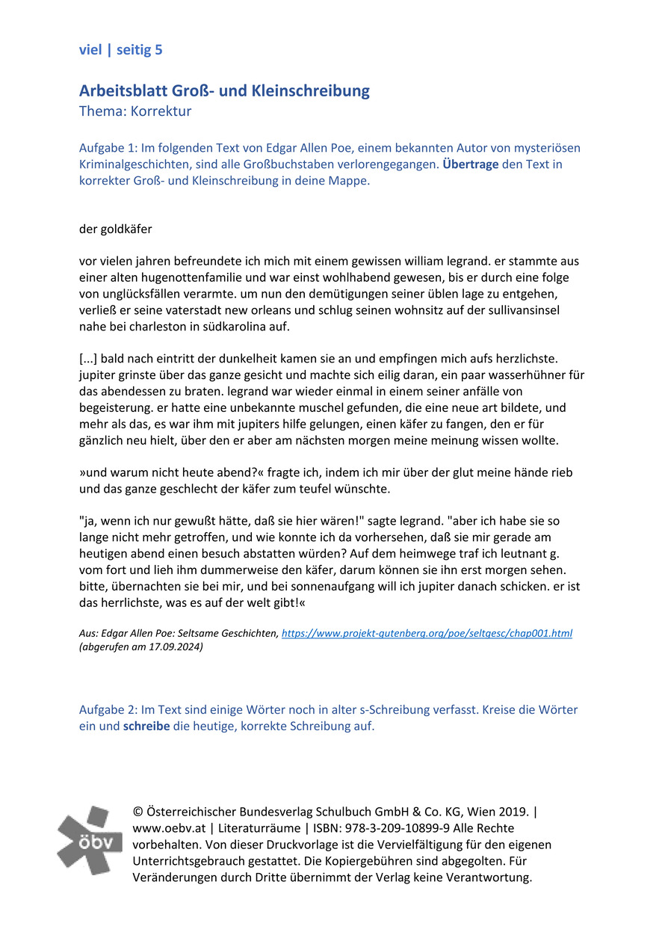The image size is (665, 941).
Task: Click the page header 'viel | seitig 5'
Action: pyautogui.click(x=120, y=50)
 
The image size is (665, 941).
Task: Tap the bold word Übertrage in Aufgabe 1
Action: pyautogui.click(x=470, y=164)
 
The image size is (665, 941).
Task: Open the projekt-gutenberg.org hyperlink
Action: pyautogui.click(x=427, y=633)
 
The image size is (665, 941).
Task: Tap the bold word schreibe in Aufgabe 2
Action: pyautogui.click(x=146, y=726)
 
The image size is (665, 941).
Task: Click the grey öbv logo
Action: pyautogui.click(x=90, y=840)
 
